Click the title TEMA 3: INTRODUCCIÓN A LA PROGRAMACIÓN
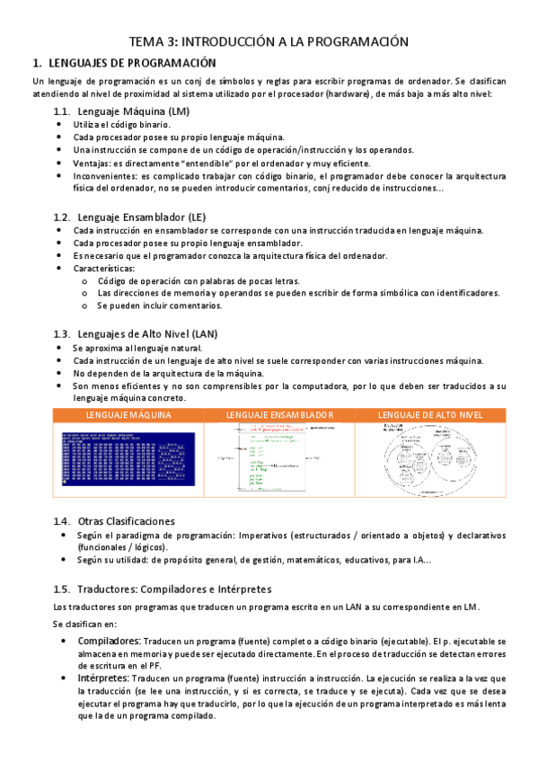tap(269, 41)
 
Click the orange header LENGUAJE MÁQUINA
tap(128, 415)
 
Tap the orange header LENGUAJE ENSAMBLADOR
tap(279, 415)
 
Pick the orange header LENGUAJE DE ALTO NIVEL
tap(431, 415)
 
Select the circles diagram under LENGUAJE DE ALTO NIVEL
tap(431, 458)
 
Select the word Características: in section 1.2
tap(104, 269)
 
